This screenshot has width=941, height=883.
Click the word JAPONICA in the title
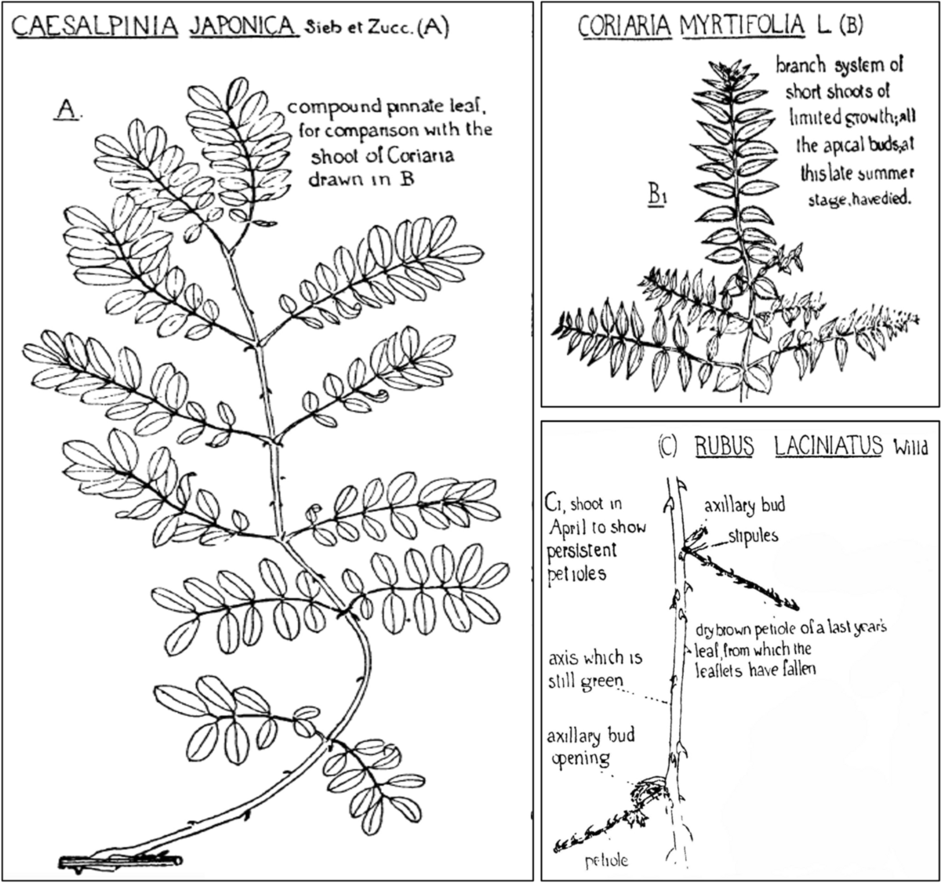(x=243, y=27)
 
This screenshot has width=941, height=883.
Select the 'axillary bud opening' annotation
(x=590, y=747)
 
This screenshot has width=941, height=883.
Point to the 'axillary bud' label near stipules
(x=743, y=506)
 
